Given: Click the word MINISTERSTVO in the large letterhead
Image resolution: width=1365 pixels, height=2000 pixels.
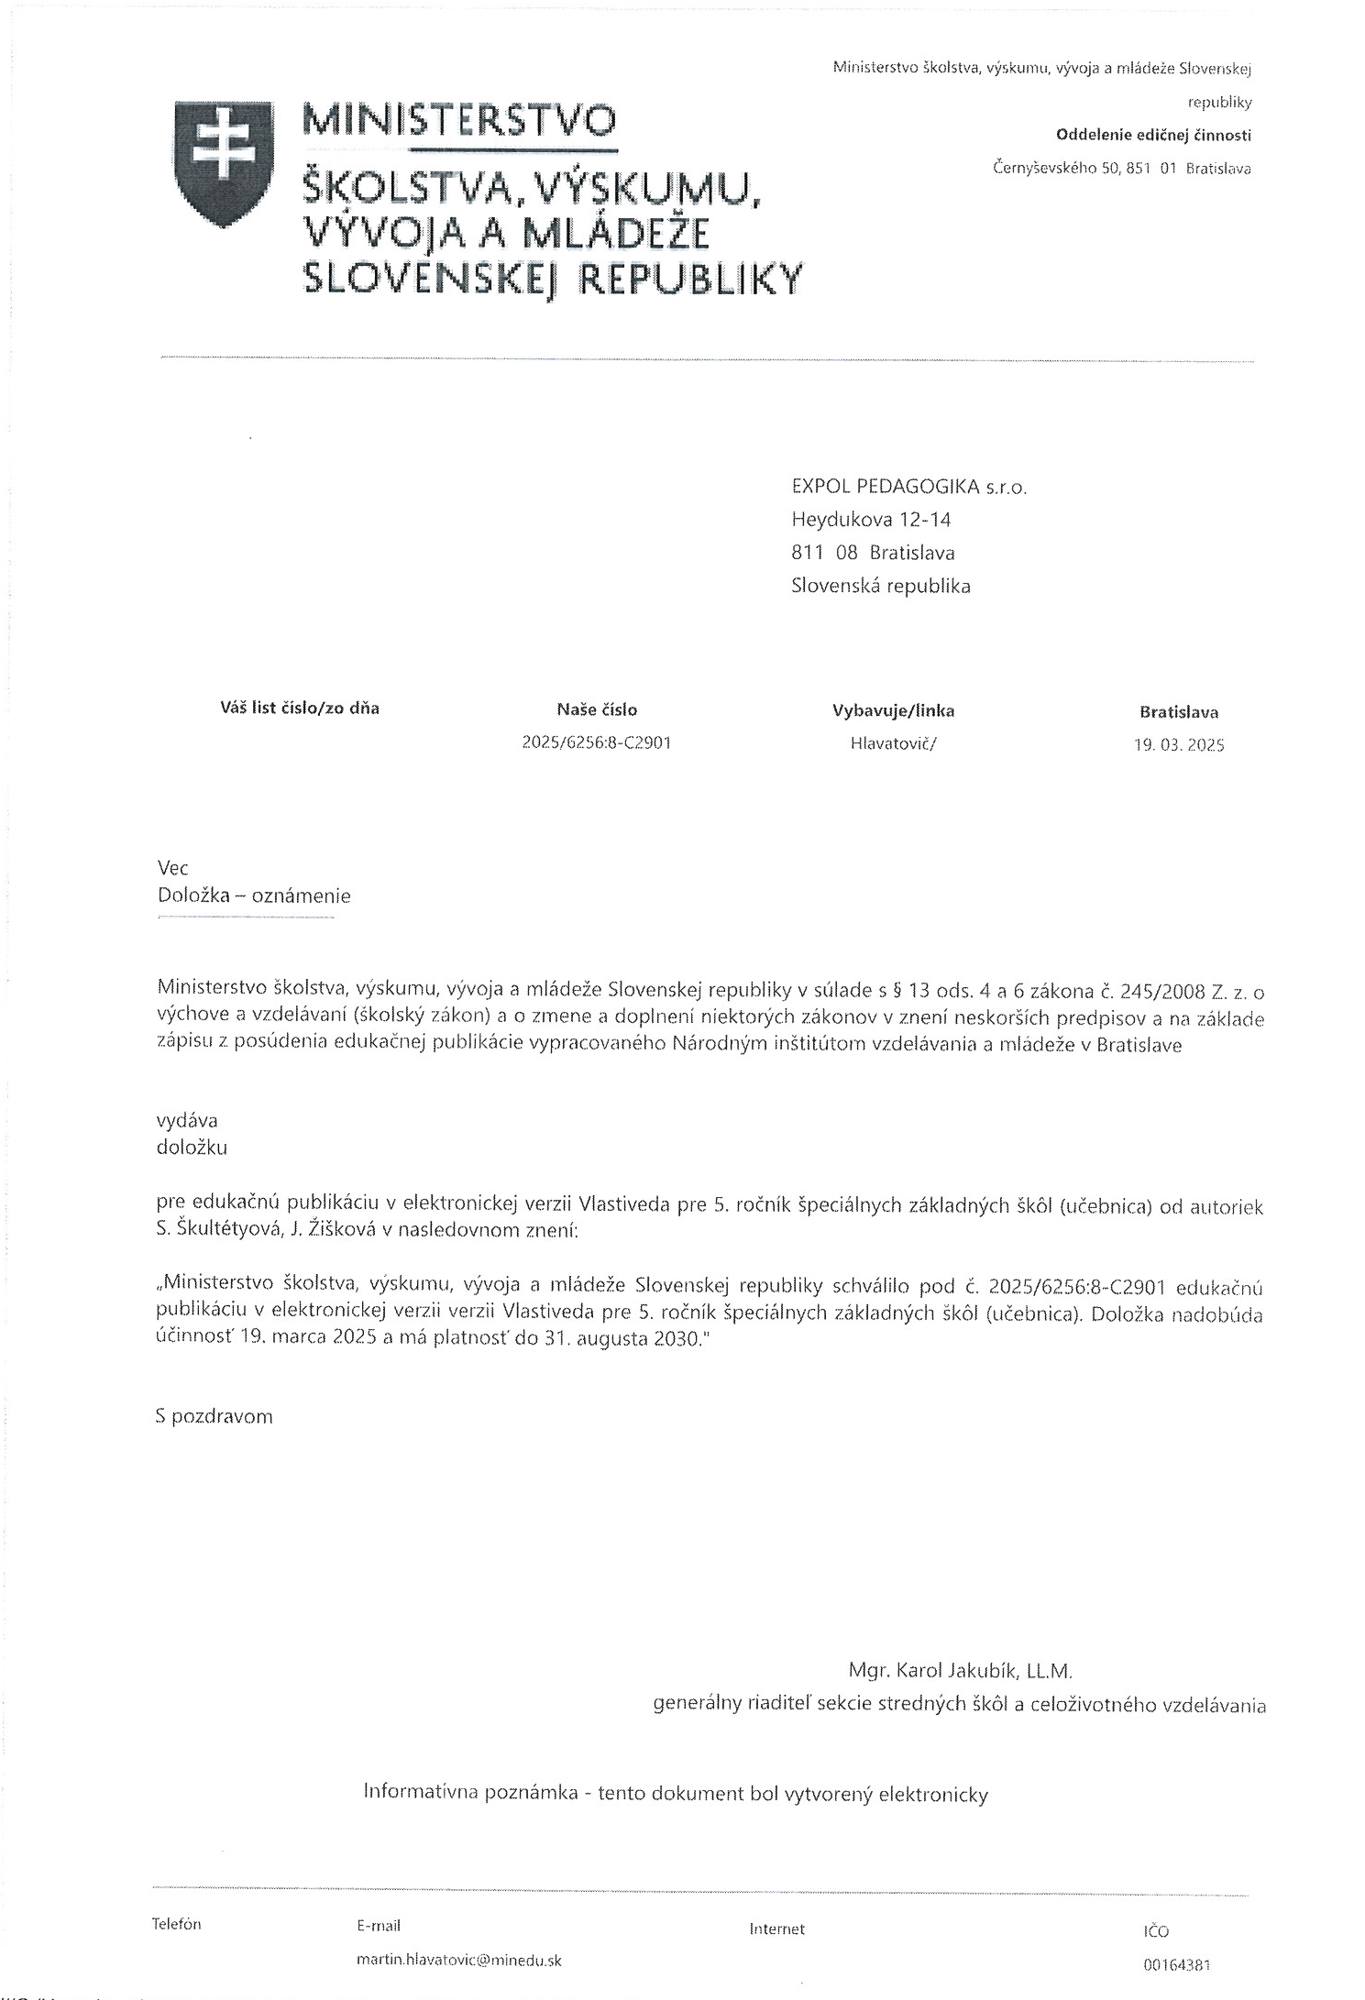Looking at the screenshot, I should coord(460,120).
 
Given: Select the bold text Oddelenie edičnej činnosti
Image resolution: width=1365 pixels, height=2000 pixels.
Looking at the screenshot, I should coord(1153,136).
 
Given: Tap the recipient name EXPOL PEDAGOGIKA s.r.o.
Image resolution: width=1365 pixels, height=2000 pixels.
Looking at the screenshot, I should coord(908,487).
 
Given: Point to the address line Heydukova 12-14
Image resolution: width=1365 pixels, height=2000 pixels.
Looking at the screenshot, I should coord(871,520).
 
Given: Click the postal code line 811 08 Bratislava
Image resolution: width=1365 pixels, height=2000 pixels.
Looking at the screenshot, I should coord(873,553).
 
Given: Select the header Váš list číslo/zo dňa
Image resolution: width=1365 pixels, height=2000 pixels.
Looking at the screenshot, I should coord(300,708).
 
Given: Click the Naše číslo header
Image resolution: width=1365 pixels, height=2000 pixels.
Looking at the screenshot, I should coord(596,709).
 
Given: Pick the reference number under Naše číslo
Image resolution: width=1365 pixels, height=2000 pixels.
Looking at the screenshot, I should coord(596,742).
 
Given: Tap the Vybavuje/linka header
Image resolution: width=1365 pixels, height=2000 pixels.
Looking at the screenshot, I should coord(893,710).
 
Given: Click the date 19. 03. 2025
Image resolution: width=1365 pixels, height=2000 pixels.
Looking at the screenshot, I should coord(1178,745).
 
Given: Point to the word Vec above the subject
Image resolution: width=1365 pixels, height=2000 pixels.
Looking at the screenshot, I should coord(172,867).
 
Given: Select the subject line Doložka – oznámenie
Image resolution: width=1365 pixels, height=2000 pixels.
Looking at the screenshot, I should coord(254,896).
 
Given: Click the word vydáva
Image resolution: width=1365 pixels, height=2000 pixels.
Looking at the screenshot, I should coord(187,1120).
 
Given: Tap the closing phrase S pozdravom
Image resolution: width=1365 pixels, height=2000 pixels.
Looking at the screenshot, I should coord(215,1416).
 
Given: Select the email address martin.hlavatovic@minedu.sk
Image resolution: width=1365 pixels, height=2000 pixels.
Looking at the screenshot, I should coord(458,1961).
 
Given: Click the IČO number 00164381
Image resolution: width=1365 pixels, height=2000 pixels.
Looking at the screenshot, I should coord(1177,1964).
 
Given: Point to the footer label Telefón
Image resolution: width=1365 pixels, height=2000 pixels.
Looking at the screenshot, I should coord(176,1924).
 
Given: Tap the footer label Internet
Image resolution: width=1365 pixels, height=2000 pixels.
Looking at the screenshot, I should coord(776,1929).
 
